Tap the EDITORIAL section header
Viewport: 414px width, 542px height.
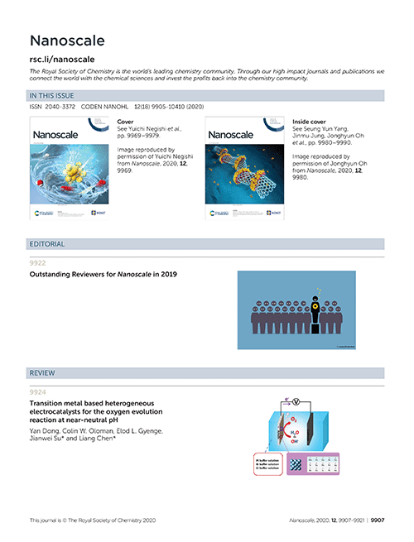click(x=47, y=244)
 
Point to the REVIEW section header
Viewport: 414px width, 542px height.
click(x=43, y=373)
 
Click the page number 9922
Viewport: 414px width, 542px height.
click(x=38, y=263)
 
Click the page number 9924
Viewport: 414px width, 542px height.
click(x=38, y=391)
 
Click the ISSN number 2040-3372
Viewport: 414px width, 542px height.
click(x=61, y=108)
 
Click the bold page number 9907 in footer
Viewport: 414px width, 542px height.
click(x=378, y=520)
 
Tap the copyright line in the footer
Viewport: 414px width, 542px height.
click(x=92, y=520)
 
